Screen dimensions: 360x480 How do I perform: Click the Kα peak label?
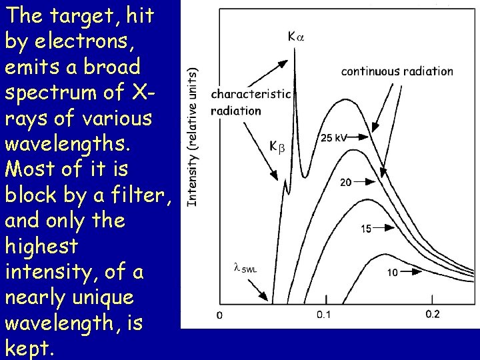(295, 37)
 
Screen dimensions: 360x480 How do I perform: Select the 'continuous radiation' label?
(397, 71)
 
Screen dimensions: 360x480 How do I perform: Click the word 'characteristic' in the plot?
(251, 94)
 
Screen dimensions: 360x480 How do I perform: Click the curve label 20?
(347, 182)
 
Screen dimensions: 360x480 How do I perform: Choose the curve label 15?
(366, 229)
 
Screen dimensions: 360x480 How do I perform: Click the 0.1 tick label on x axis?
(323, 315)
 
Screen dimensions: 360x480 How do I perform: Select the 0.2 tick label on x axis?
(433, 315)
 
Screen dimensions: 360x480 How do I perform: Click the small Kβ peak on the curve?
(285, 180)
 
